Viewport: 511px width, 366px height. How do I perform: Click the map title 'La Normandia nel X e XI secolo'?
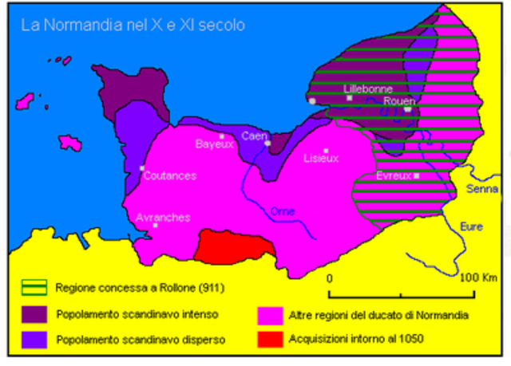click(x=133, y=26)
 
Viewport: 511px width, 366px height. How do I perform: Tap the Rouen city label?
click(x=398, y=100)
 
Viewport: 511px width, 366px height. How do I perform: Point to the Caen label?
click(x=255, y=135)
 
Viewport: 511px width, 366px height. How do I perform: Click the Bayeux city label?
click(x=213, y=144)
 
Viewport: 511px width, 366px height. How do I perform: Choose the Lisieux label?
click(x=321, y=158)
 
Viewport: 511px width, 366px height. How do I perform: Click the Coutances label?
click(x=169, y=175)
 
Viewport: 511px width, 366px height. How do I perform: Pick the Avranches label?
click(x=163, y=217)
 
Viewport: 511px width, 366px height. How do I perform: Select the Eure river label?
click(x=472, y=226)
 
